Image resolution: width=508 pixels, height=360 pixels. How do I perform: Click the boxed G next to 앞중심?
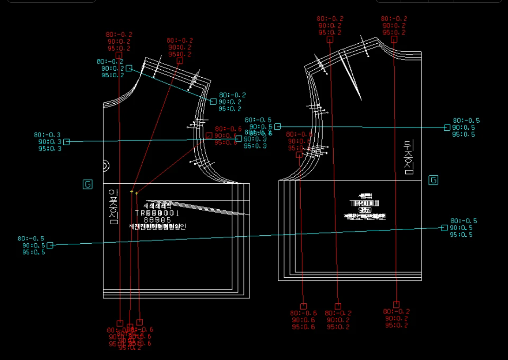pyautogui.click(x=87, y=184)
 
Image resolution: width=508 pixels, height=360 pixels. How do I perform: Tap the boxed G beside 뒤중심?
pyautogui.click(x=433, y=180)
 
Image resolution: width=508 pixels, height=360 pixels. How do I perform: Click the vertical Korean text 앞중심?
pyautogui.click(x=113, y=207)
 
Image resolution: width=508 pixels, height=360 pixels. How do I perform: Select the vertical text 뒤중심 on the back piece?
pyautogui.click(x=409, y=157)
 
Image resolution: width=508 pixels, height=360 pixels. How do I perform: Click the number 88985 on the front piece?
pyautogui.click(x=157, y=220)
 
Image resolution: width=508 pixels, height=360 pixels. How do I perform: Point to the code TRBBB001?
pyautogui.click(x=157, y=213)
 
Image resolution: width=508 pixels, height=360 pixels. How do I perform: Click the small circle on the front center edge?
pyautogui.click(x=106, y=165)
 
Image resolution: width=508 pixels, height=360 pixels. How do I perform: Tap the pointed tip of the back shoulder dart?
pyautogui.click(x=361, y=100)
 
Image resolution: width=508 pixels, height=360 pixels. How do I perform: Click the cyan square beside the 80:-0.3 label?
pyautogui.click(x=66, y=142)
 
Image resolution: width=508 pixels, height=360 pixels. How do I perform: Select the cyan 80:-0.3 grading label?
pyautogui.click(x=47, y=135)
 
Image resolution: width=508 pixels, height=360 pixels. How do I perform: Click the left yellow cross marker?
pyautogui.click(x=132, y=192)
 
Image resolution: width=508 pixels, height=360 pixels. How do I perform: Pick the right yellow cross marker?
pyautogui.click(x=137, y=193)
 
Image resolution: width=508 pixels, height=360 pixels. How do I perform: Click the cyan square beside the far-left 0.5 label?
pyautogui.click(x=50, y=245)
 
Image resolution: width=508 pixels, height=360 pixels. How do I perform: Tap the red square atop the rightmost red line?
pyautogui.click(x=394, y=40)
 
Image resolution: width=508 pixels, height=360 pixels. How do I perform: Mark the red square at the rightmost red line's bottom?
pyautogui.click(x=396, y=304)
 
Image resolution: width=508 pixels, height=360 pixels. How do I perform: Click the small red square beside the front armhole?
pyautogui.click(x=209, y=135)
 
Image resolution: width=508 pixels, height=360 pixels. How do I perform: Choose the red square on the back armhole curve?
pyautogui.click(x=299, y=155)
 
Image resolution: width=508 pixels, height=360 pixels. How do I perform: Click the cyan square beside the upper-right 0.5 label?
pyautogui.click(x=447, y=127)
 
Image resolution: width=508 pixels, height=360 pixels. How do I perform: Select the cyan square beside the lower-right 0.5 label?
pyautogui.click(x=444, y=228)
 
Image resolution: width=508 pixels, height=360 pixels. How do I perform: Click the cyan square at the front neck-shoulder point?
pyautogui.click(x=129, y=68)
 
